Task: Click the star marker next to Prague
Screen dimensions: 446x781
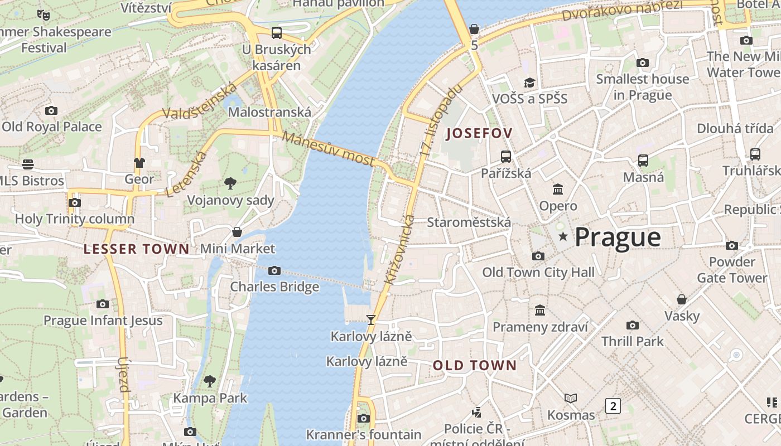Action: coord(563,237)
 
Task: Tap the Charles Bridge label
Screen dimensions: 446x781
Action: coord(274,287)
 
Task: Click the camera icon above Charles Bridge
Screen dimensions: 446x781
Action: coord(274,271)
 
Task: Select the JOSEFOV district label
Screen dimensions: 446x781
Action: coord(479,133)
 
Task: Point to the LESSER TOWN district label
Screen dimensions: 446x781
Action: coord(137,249)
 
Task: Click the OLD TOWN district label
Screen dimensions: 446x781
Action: coord(475,366)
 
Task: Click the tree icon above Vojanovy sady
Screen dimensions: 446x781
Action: coord(230,183)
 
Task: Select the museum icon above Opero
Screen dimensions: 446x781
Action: coord(557,189)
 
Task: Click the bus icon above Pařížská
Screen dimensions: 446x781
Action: coord(506,156)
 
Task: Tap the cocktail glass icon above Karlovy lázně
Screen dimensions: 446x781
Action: coord(370,319)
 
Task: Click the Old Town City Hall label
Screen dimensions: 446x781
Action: coord(538,272)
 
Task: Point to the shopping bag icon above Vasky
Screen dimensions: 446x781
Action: coord(681,299)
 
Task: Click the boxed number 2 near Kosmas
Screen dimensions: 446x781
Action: coord(613,405)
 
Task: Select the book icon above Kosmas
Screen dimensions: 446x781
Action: coord(570,398)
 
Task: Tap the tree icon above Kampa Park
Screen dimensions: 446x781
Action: coord(209,381)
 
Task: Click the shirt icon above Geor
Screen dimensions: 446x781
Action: coord(139,162)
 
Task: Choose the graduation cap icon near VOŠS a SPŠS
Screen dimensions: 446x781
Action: coord(529,83)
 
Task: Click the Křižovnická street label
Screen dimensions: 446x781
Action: coord(399,249)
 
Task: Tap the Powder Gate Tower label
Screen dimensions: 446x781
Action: coord(731,269)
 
